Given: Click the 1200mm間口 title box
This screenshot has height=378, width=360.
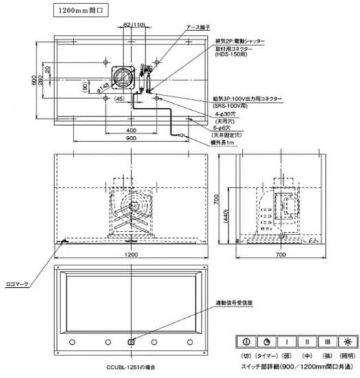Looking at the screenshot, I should point(78,12).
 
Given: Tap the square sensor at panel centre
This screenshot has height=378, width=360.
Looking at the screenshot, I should point(131,341).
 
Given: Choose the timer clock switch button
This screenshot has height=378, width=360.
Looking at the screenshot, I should point(265,342).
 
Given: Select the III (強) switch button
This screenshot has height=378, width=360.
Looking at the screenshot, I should point(329,342).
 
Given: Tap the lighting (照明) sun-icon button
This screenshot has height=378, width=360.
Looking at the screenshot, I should point(349,342).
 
